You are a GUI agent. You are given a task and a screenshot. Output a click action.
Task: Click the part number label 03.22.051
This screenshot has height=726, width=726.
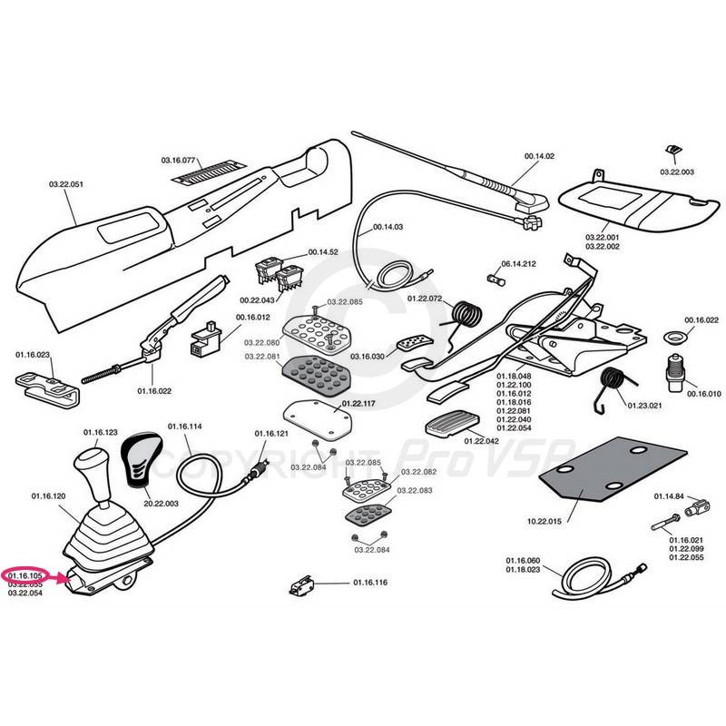pyautogui.click(x=66, y=185)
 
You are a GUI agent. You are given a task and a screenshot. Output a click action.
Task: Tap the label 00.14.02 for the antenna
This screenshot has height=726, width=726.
pyautogui.click(x=539, y=156)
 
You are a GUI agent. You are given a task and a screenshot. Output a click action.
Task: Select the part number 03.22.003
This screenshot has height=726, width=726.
pyautogui.click(x=676, y=172)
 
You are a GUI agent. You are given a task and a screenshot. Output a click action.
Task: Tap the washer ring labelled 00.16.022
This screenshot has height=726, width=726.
pyautogui.click(x=674, y=337)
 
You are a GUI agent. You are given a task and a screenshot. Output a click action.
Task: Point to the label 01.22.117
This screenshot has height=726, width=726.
pyautogui.click(x=359, y=403)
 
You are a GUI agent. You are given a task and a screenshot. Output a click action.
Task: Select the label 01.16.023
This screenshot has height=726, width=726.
pyautogui.click(x=32, y=355)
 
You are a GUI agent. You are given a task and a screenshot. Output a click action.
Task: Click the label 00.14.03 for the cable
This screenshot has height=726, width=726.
pyautogui.click(x=387, y=228)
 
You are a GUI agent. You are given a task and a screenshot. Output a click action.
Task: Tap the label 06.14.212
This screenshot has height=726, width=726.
pyautogui.click(x=518, y=263)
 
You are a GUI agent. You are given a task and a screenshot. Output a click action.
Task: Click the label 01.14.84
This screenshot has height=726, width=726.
pyautogui.click(x=669, y=496)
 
